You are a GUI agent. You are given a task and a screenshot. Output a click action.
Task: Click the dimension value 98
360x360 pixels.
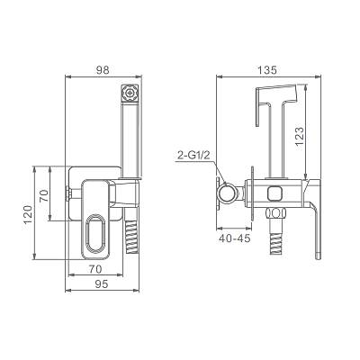[x=103, y=70]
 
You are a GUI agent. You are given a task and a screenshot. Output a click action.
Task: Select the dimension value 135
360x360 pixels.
[x=267, y=70]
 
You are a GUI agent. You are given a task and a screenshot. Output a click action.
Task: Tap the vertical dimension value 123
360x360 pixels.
[x=299, y=136]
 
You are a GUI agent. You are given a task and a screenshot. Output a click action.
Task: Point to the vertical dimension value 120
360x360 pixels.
[x=28, y=214]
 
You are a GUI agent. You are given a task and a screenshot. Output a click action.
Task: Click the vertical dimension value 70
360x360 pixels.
[x=44, y=195]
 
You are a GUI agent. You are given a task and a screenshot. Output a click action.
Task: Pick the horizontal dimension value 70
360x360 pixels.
[x=95, y=269]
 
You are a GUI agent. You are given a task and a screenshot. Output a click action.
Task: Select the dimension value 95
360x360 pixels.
[x=102, y=284]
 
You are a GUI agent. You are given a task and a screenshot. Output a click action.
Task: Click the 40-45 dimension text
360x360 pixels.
[x=235, y=238]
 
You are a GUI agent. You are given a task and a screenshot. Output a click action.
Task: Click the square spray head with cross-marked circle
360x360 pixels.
[x=130, y=93]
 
